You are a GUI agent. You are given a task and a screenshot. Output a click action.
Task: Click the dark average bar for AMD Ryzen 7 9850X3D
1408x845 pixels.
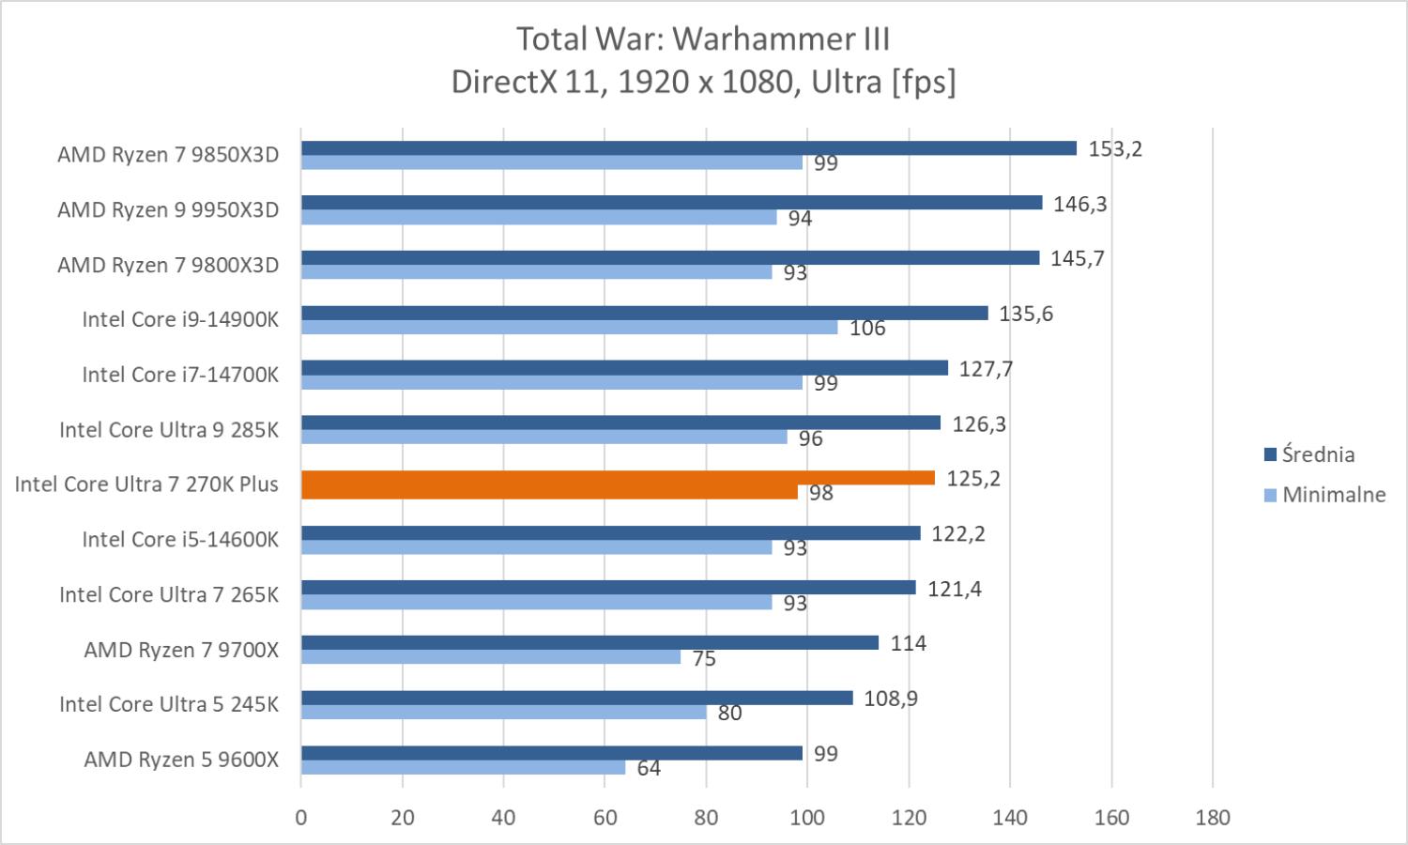pos(688,148)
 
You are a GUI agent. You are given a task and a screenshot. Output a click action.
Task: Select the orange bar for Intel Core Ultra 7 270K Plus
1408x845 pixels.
pos(618,479)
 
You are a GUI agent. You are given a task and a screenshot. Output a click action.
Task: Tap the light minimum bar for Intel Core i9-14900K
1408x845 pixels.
pos(569,328)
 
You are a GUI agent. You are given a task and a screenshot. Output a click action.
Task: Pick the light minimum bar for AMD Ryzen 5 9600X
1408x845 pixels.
pos(463,768)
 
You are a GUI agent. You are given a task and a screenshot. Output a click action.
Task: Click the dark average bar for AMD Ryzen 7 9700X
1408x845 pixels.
pos(589,643)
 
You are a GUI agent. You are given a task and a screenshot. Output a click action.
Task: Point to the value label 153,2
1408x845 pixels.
pos(1115,148)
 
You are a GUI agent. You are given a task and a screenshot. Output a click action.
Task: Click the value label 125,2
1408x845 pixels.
pos(973,479)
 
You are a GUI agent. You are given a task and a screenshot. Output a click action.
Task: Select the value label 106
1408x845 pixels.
pos(867,329)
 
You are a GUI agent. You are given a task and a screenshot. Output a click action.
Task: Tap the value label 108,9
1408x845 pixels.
pos(891,699)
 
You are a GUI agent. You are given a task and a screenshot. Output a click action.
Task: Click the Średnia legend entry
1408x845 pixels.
pos(1318,454)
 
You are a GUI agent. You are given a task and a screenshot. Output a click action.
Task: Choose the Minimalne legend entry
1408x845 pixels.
pos(1333,495)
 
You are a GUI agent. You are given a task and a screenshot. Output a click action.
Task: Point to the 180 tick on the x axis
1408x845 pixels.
pos(1213,818)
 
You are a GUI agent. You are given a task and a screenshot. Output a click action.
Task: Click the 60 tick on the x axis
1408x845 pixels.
pos(605,818)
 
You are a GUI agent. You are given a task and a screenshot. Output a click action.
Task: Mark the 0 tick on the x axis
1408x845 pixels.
pos(301,818)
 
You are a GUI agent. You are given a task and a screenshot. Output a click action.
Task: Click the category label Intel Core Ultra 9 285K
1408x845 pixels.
pos(169,430)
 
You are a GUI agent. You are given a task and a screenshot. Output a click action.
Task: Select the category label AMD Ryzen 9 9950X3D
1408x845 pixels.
pos(168,209)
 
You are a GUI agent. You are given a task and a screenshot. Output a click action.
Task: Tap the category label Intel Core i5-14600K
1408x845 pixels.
pos(180,540)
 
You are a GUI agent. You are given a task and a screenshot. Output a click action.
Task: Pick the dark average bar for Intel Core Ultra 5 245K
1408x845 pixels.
pos(576,699)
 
